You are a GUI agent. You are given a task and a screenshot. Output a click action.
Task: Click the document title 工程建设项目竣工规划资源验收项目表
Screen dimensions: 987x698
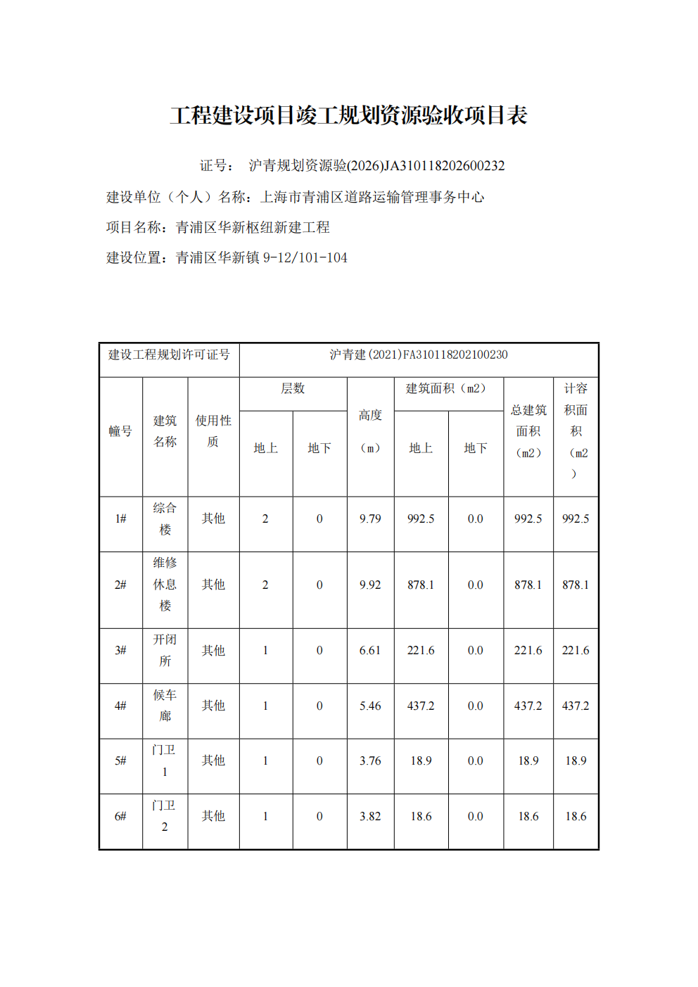click(x=348, y=115)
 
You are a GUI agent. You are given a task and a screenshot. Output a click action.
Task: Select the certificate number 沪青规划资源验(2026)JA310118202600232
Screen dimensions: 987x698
click(x=376, y=166)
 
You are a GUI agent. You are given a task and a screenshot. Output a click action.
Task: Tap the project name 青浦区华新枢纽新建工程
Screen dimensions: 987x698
click(x=253, y=227)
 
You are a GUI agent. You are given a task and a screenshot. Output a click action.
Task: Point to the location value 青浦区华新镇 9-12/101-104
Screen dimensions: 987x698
click(x=261, y=257)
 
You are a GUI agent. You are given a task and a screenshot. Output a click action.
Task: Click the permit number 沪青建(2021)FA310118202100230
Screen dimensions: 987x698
click(x=419, y=355)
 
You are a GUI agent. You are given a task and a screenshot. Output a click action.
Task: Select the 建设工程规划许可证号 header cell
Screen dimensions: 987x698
click(x=169, y=355)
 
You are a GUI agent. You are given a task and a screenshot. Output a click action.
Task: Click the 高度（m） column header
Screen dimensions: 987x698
click(x=370, y=431)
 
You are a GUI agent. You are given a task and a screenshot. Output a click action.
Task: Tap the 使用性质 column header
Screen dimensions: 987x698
click(x=213, y=431)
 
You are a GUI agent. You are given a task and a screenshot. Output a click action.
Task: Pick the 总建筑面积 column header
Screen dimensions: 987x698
click(x=528, y=431)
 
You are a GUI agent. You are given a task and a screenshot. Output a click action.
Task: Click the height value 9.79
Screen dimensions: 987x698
click(x=370, y=519)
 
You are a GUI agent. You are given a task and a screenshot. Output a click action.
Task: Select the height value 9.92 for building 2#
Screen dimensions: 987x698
click(x=370, y=585)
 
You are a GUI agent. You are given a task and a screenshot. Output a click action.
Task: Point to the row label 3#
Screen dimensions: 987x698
click(x=120, y=651)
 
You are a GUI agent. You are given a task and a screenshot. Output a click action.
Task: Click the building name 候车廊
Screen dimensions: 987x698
click(x=165, y=706)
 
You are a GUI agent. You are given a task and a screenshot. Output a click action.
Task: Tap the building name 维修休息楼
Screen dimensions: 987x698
click(x=165, y=584)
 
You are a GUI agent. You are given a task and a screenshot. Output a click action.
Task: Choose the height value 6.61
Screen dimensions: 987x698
click(x=370, y=651)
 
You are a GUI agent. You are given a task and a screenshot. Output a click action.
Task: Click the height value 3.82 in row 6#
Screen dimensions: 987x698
click(x=370, y=817)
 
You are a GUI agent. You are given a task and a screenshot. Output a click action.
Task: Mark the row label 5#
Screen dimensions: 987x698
click(x=120, y=761)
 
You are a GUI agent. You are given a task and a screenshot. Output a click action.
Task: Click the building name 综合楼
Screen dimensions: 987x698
click(x=165, y=518)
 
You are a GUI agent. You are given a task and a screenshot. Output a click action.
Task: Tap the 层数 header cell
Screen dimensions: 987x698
click(x=293, y=388)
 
